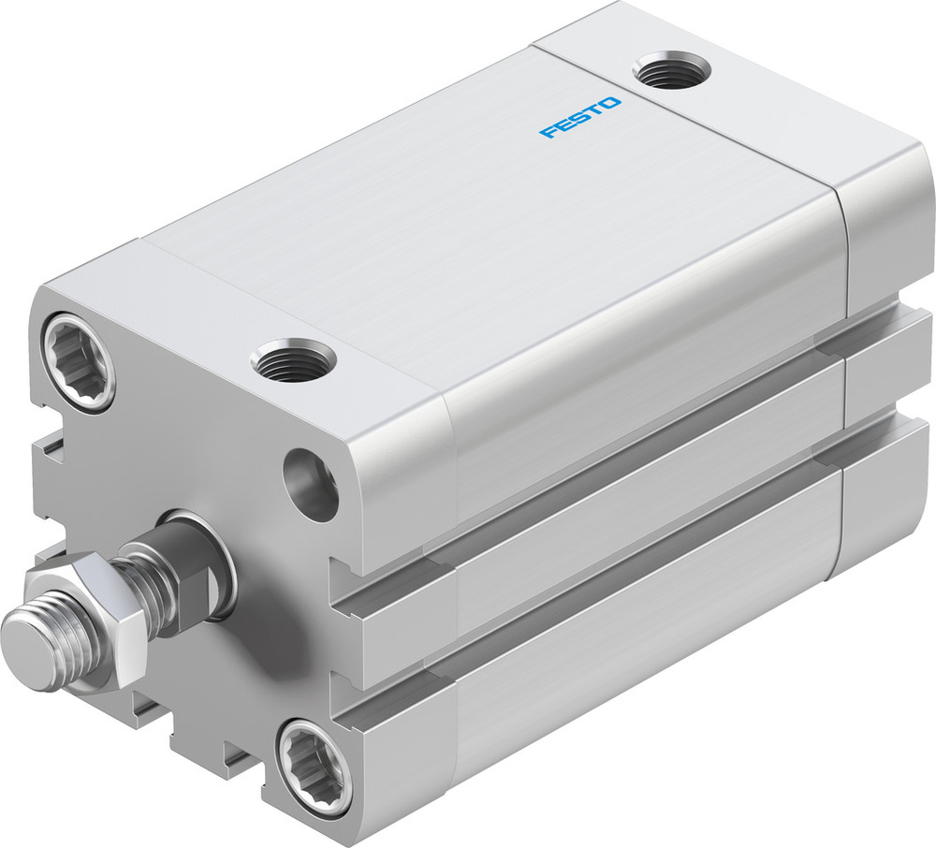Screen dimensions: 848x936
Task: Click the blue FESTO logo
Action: pyautogui.click(x=579, y=117)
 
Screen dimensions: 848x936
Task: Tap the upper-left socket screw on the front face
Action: pyautogui.click(x=79, y=361)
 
